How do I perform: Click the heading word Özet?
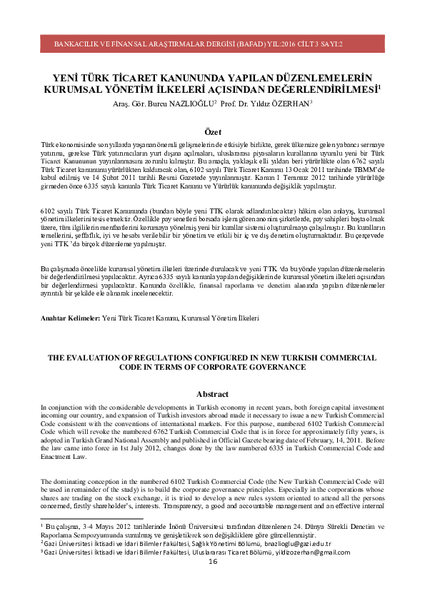pyautogui.click(x=213, y=132)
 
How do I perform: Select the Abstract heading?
pyautogui.click(x=212, y=394)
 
